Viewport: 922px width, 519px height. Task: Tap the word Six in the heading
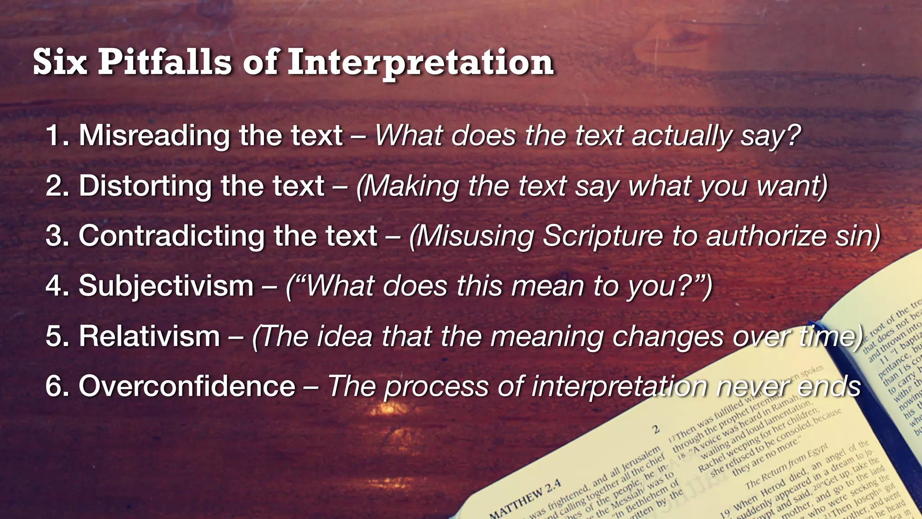60,62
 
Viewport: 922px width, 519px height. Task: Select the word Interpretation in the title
420,63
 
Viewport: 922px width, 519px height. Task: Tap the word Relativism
149,336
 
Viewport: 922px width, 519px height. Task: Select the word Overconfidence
187,387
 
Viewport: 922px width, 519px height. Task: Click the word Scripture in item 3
603,236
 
